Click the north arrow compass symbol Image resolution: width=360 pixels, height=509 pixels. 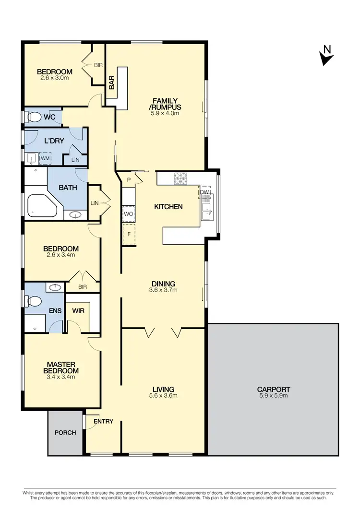click(x=326, y=56)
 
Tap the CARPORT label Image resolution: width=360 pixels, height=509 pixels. click(x=273, y=390)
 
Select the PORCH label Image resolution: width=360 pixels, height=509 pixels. click(x=65, y=433)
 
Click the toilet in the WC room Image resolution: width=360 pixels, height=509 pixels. click(x=34, y=117)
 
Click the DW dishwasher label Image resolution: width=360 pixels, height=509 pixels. click(x=204, y=192)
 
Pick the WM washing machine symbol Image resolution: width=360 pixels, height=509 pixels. click(x=45, y=158)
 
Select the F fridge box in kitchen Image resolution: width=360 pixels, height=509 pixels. click(x=128, y=235)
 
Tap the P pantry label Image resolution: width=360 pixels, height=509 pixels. click(x=129, y=179)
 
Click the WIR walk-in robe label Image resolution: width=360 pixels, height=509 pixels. click(x=78, y=311)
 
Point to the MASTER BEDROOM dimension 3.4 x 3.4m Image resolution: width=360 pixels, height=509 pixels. click(x=62, y=377)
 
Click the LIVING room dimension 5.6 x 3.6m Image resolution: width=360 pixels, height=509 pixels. click(x=164, y=396)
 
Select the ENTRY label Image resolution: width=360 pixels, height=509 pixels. click(x=103, y=422)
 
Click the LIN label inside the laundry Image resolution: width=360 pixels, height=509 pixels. click(x=75, y=160)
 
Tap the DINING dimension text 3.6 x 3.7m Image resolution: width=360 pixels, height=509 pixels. click(x=164, y=290)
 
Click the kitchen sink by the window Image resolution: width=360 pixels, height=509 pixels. click(x=207, y=211)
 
